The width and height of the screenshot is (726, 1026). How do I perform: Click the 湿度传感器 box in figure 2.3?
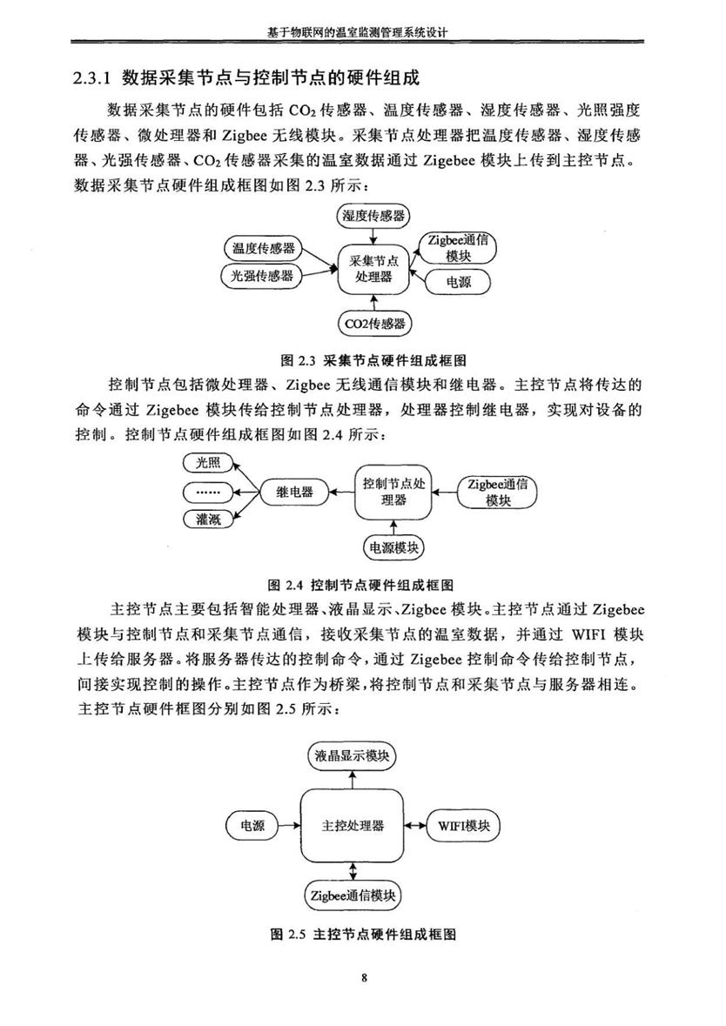click(373, 215)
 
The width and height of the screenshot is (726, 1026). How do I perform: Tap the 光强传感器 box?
click(261, 276)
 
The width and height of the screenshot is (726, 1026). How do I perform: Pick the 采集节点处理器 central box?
click(373, 269)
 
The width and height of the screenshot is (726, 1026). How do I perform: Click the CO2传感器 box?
click(374, 323)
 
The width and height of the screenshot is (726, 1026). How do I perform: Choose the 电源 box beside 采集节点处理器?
click(458, 282)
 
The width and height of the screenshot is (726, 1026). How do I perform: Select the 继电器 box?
click(294, 492)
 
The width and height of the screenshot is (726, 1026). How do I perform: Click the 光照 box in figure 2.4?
click(209, 464)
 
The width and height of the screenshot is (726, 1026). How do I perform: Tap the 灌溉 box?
click(209, 520)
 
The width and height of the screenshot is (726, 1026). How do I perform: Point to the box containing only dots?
click(209, 492)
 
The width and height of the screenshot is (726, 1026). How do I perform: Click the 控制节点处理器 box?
click(393, 492)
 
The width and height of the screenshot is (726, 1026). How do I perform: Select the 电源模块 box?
click(393, 547)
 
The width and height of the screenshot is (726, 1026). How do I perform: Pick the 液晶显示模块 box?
click(353, 756)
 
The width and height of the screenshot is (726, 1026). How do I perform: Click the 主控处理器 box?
click(353, 826)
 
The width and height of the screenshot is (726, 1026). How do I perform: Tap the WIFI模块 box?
click(463, 826)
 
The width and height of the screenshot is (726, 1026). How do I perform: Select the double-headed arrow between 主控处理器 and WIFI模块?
click(416, 826)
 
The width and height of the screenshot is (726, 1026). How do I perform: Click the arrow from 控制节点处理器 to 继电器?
click(341, 492)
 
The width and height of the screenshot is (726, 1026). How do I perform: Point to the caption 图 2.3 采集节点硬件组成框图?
click(373, 360)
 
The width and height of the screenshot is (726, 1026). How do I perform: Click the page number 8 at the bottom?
click(364, 979)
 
